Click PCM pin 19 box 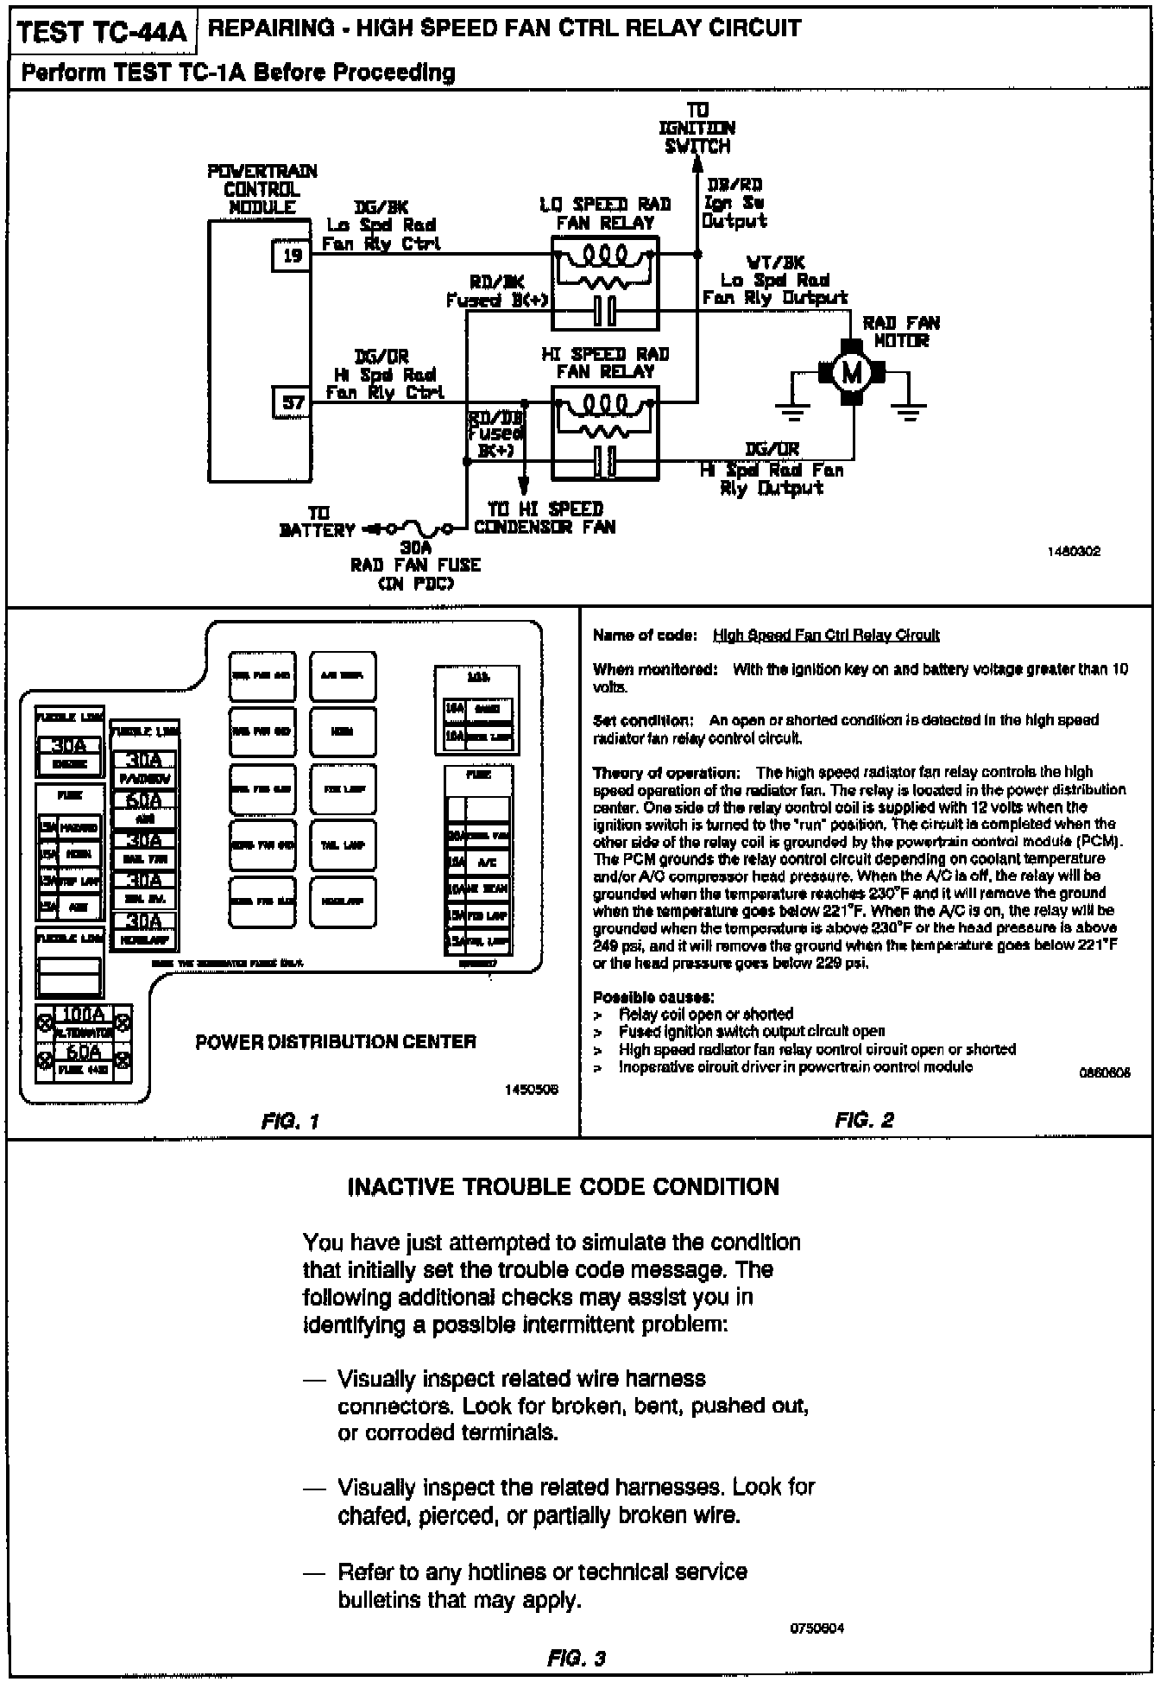tap(292, 256)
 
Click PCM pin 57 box tap(292, 402)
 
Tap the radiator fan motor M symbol tap(852, 373)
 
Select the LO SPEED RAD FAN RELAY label tap(605, 213)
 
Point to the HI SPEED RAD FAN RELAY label tap(605, 363)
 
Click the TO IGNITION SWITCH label tap(697, 128)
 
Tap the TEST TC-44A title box tap(102, 32)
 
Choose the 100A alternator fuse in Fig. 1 tap(84, 1015)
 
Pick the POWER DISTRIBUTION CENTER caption tap(336, 1041)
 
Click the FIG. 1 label tap(290, 1122)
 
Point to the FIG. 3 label tap(577, 1658)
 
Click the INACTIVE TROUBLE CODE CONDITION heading tap(563, 1186)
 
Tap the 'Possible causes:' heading tap(653, 997)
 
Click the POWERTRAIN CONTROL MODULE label tap(262, 189)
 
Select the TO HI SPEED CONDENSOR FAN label tap(545, 518)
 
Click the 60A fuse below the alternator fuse tap(84, 1053)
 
